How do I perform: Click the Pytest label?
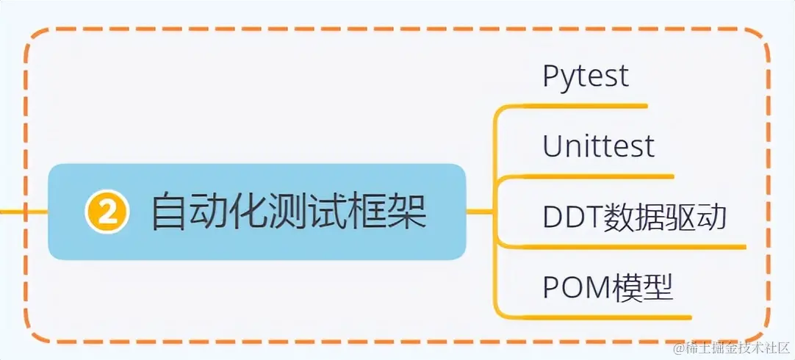[586, 76]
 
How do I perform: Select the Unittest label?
[598, 146]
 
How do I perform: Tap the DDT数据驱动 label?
[635, 217]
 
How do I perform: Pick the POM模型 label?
[608, 287]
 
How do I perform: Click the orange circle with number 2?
[107, 212]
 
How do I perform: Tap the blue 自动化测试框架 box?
[257, 212]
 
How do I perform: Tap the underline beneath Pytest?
[588, 106]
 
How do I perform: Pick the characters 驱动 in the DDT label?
[702, 217]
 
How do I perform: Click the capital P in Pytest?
[551, 76]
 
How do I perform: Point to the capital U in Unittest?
[553, 146]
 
